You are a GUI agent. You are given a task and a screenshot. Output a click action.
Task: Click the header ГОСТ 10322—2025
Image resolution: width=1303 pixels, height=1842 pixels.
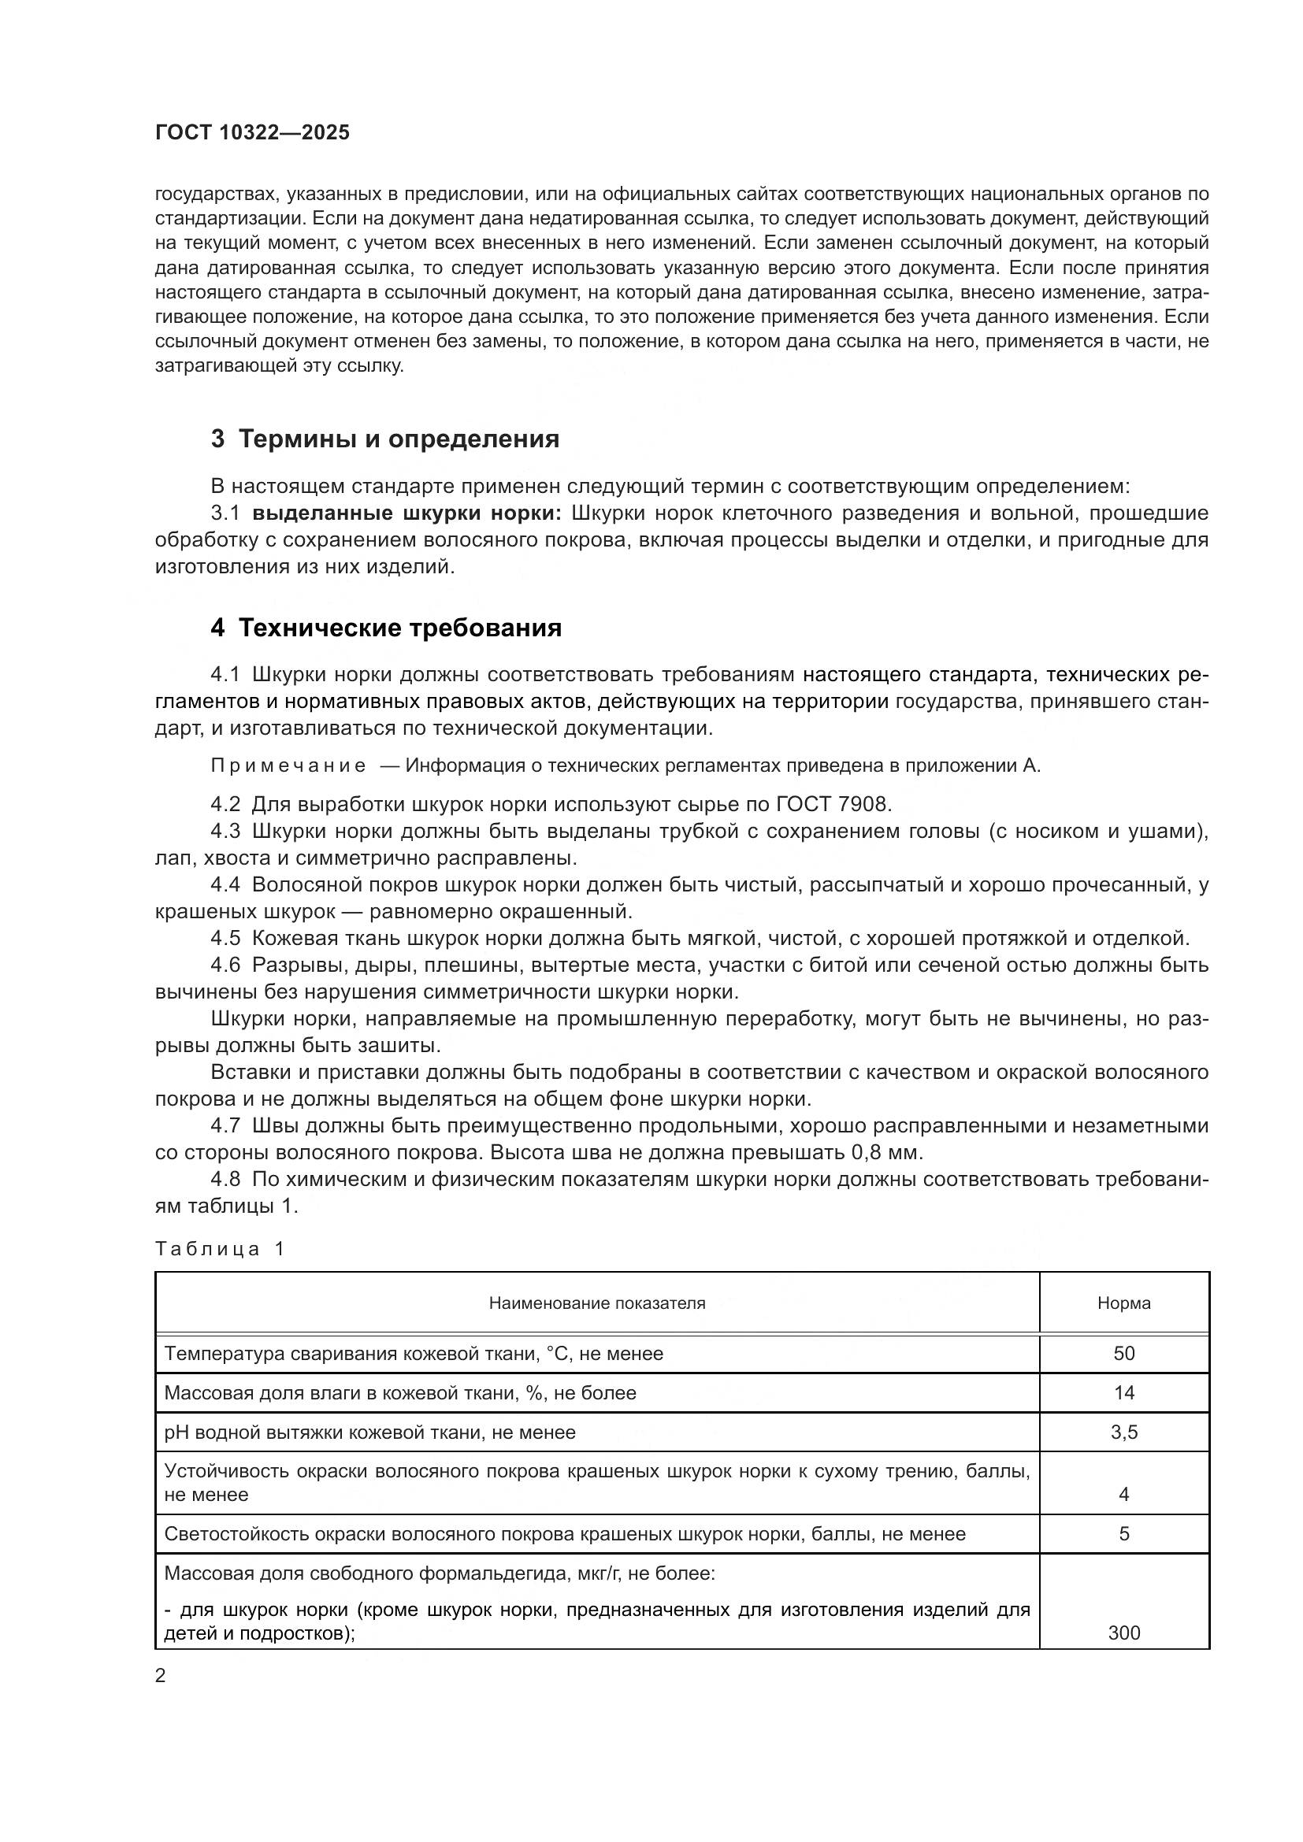[253, 133]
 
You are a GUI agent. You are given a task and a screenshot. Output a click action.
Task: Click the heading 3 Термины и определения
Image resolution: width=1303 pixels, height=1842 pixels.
[384, 439]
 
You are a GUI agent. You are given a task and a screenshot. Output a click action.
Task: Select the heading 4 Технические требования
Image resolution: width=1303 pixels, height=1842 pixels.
[386, 628]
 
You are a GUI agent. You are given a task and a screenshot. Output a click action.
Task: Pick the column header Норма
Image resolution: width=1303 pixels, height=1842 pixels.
[1123, 1303]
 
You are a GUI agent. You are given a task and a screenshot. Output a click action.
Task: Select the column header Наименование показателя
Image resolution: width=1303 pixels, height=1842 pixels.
[597, 1303]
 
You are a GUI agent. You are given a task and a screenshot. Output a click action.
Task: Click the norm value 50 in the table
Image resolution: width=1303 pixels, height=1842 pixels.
[1123, 1354]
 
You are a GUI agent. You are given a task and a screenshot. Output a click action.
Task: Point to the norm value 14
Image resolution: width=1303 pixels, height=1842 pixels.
[1123, 1393]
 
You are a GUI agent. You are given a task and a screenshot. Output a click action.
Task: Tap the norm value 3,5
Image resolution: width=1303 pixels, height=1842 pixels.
[1123, 1432]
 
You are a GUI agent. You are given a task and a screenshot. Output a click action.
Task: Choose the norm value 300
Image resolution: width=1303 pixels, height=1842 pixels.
[1123, 1633]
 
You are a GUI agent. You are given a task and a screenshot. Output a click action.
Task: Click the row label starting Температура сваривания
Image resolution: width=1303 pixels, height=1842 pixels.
[414, 1354]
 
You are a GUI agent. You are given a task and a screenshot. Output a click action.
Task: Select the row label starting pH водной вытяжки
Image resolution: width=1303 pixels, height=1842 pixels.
[369, 1432]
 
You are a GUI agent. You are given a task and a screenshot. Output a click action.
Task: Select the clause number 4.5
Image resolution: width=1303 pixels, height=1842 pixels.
[225, 938]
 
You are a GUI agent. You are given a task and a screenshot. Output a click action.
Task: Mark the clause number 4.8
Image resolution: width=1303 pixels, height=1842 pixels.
[225, 1180]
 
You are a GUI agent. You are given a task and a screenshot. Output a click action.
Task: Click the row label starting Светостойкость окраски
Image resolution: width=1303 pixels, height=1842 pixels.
[564, 1534]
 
